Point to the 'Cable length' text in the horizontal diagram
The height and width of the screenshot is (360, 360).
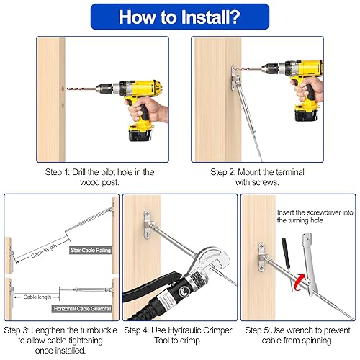[x=37, y=296]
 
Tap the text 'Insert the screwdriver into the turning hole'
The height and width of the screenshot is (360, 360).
[x=315, y=217]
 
